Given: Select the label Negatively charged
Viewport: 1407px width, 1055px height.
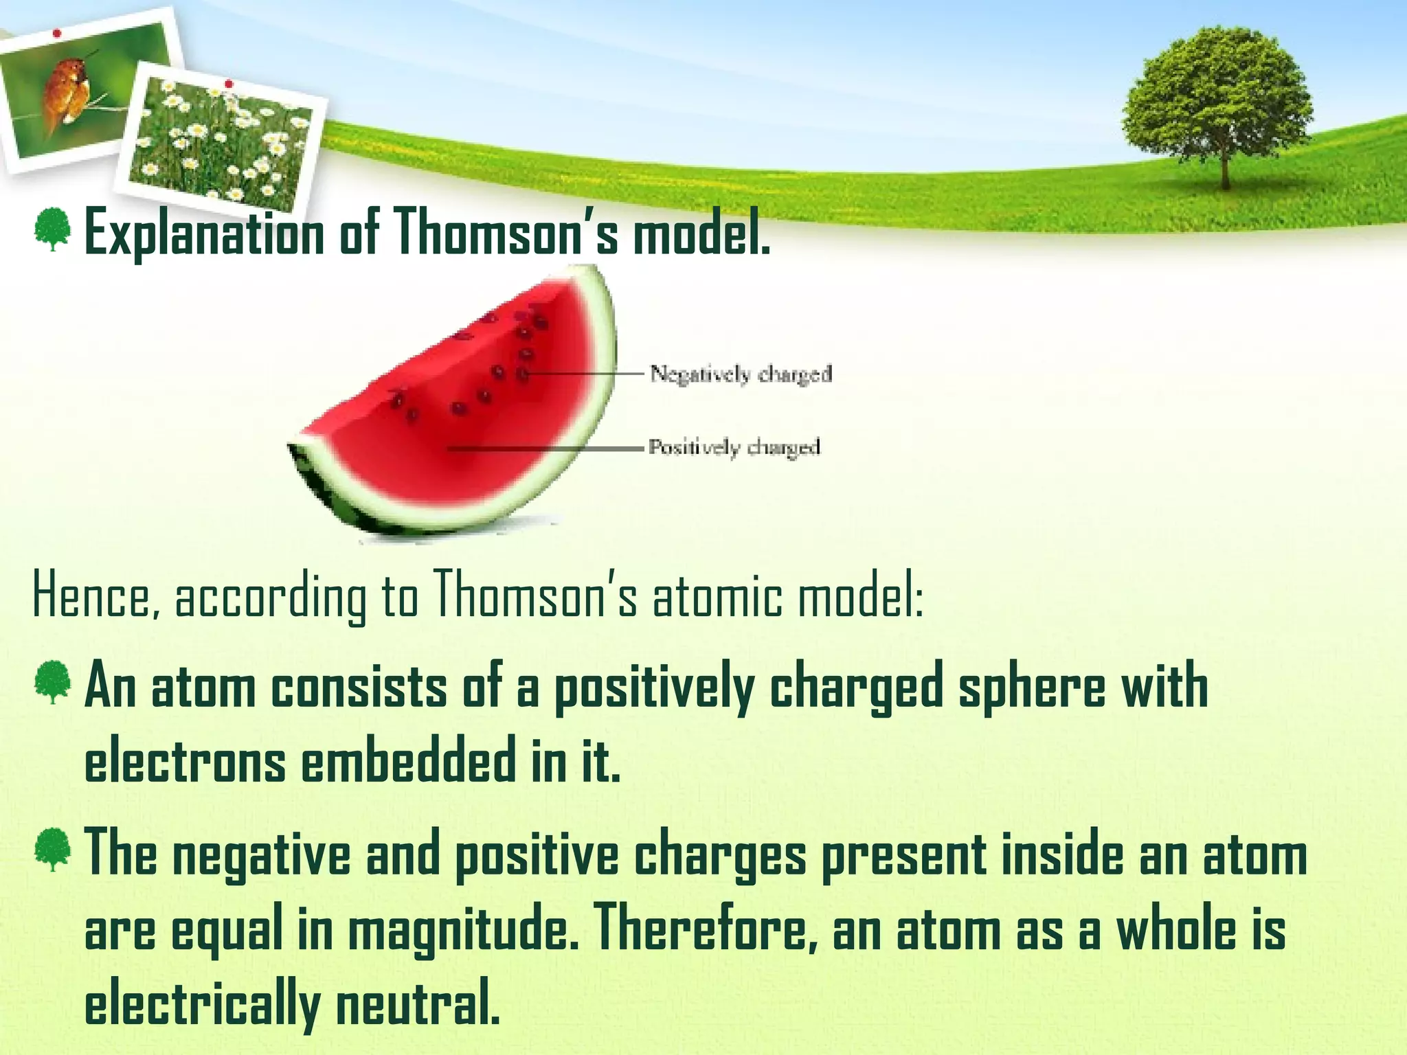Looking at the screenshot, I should (x=741, y=374).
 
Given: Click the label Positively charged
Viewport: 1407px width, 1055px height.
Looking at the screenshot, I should (x=734, y=448).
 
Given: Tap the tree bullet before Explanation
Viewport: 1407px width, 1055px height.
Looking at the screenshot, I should (x=52, y=230).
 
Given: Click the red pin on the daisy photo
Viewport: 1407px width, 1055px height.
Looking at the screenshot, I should (x=229, y=84).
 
